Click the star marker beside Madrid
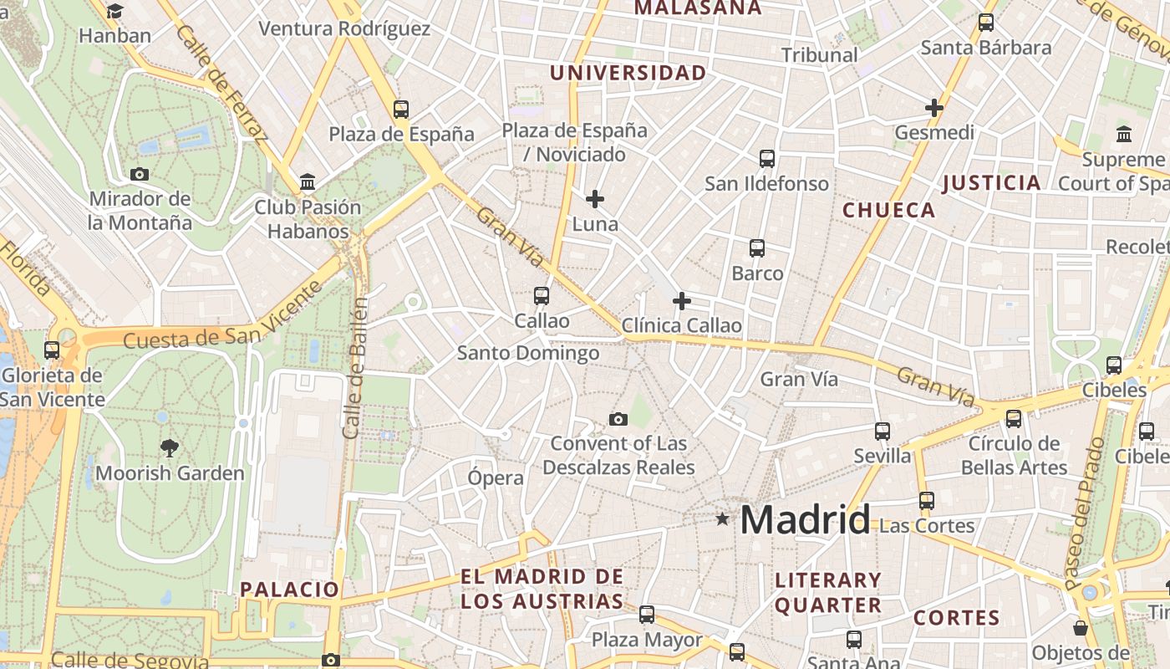pos(722,519)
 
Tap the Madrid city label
pos(805,519)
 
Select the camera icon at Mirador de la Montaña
pos(140,174)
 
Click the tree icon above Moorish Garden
pos(170,448)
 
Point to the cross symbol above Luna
pos(595,199)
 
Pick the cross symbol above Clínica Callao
pos(682,301)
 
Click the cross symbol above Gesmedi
pos(934,108)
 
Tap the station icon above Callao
pos(542,295)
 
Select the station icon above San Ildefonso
pos(767,158)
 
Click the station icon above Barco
pos(757,248)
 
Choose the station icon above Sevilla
pos(883,431)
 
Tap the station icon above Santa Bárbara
pos(986,23)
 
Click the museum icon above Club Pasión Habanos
pos(308,181)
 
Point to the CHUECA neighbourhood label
pos(889,210)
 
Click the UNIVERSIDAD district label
pos(628,74)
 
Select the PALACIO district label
pos(290,590)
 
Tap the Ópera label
pos(496,478)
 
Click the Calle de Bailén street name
pos(355,367)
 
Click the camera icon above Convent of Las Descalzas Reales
pos(618,419)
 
